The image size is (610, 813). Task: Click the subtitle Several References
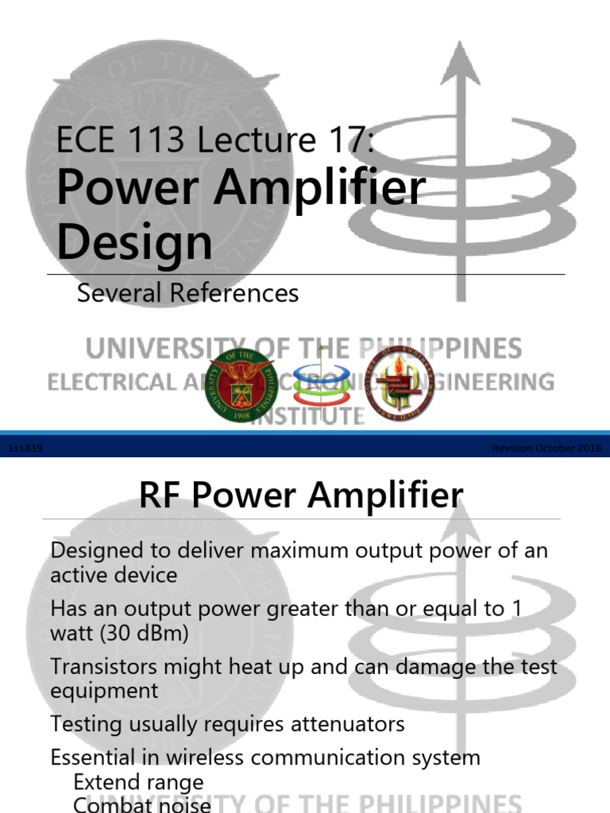[187, 293]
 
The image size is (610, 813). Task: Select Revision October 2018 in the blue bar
[546, 449]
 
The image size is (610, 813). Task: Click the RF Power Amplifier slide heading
[300, 496]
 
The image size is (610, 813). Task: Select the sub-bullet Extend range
[138, 783]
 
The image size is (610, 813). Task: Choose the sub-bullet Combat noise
[142, 804]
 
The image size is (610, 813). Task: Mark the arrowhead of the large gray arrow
[460, 64]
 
